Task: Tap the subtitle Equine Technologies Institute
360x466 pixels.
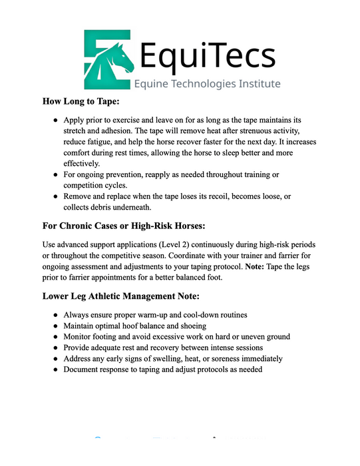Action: (207, 84)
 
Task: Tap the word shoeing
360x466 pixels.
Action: (188, 326)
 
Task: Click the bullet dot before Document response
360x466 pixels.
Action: (55, 369)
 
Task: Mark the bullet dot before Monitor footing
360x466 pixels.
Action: (55, 337)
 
